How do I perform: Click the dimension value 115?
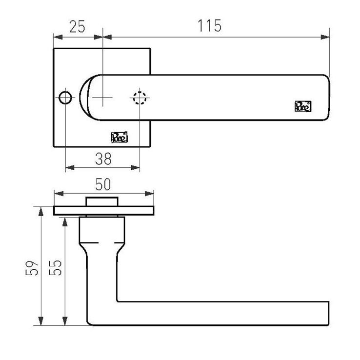(x=210, y=25)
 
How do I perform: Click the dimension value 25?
(x=77, y=26)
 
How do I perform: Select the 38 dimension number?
(x=103, y=158)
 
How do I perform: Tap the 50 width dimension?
(x=103, y=184)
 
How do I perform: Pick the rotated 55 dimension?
(x=57, y=267)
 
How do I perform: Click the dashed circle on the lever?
(x=140, y=98)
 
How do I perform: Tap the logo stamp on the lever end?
(x=303, y=106)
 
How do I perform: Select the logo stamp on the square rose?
(x=120, y=137)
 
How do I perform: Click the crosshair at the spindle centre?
(x=103, y=98)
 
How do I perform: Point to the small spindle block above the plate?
(x=102, y=201)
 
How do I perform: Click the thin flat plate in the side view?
(x=103, y=210)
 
